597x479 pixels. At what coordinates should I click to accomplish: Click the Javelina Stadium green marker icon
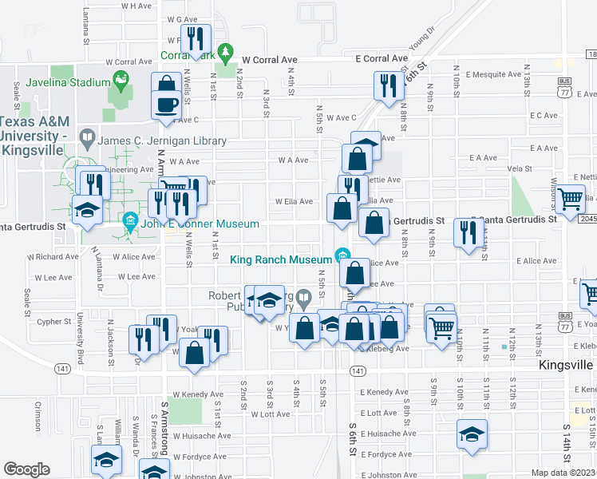click(121, 79)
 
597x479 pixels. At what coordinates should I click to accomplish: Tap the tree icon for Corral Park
click(227, 53)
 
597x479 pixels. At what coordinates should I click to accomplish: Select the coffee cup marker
click(166, 106)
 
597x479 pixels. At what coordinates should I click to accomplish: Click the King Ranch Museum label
click(280, 259)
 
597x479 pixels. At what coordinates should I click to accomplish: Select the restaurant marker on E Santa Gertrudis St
click(466, 232)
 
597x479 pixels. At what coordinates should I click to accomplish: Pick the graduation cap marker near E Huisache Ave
click(471, 435)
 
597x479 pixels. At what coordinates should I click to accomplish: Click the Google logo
click(26, 469)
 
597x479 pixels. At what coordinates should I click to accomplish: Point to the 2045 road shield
click(587, 220)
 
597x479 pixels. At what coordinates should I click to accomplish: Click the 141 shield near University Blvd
click(62, 369)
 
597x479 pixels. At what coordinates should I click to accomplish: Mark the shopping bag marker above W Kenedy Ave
click(194, 353)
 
